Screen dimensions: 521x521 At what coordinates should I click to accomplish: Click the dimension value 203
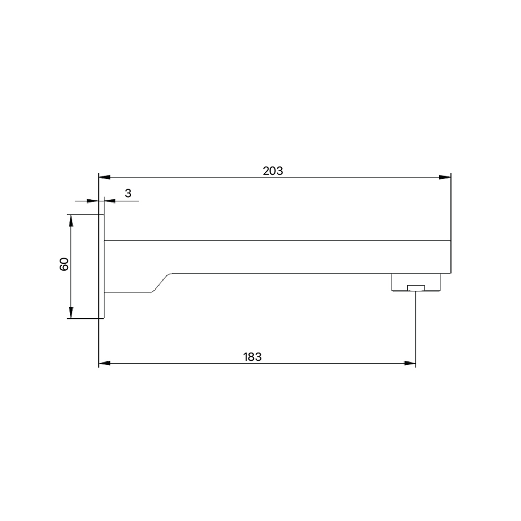tap(273, 171)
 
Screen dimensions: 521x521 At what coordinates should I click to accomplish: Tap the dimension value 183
tap(252, 357)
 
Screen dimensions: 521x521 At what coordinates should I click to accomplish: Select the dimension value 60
tap(64, 264)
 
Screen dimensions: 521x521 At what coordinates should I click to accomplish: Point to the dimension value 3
tap(128, 193)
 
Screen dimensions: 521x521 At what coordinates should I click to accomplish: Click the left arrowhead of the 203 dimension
tap(105, 178)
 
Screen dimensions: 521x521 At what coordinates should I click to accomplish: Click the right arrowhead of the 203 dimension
tap(445, 178)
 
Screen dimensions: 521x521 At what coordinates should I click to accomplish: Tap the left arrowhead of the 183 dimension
tap(105, 364)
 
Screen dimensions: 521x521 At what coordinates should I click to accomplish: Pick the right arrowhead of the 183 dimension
tap(410, 364)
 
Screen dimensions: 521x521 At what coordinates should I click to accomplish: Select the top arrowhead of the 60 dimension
tap(71, 220)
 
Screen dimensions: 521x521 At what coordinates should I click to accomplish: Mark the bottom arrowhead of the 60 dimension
tap(71, 312)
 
